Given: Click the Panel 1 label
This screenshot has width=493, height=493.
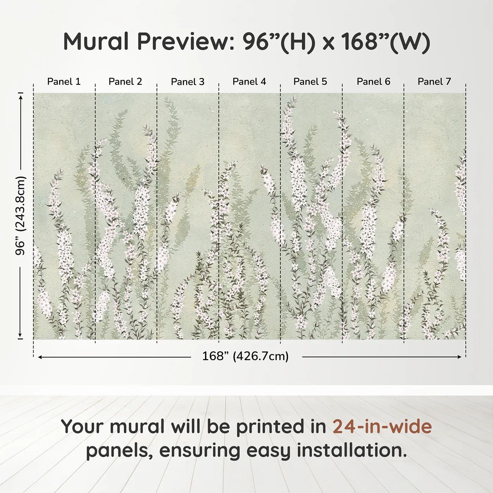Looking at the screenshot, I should click(x=64, y=82).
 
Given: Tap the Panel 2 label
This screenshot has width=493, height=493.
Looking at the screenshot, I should click(x=125, y=82).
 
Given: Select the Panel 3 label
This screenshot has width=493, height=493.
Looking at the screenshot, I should click(x=187, y=82).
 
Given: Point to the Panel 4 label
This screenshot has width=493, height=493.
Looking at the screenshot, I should click(x=249, y=82).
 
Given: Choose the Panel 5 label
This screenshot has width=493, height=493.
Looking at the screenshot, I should click(x=310, y=82).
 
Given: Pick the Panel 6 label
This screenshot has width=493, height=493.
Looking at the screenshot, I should click(x=373, y=82).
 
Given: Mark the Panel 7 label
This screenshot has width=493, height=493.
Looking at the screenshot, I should click(x=434, y=82).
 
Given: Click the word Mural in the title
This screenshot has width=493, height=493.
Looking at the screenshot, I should click(x=96, y=42).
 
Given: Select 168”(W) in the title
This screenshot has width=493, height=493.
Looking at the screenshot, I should click(x=385, y=42).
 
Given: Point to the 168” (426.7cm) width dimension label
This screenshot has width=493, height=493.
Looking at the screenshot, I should click(x=245, y=356).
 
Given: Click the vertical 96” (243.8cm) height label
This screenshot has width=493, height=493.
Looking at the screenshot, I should click(x=20, y=216).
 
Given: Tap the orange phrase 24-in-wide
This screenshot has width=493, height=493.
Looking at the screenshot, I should click(x=382, y=426).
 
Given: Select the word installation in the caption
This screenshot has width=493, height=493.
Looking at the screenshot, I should click(x=347, y=450).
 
